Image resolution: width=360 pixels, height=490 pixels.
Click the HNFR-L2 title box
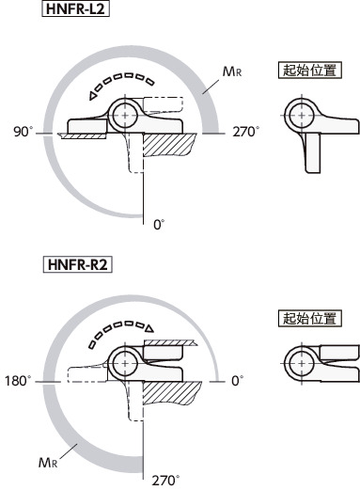pos(75,8)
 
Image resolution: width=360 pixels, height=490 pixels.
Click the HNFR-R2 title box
pos(77,264)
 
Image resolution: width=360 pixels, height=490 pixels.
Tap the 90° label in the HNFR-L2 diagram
pos(23,132)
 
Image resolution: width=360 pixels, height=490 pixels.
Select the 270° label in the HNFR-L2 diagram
pos(246,132)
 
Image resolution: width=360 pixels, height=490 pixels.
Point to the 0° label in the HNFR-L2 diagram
pos(159,225)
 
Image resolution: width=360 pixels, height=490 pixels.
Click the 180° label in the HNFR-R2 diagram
pos(18,381)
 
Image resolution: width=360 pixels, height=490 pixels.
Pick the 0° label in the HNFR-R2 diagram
pos(237,381)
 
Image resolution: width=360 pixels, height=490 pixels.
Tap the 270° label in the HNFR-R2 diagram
pos(165,481)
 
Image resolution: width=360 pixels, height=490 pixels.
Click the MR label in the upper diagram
pos(232,71)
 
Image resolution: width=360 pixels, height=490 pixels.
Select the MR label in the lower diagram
pos(48,463)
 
